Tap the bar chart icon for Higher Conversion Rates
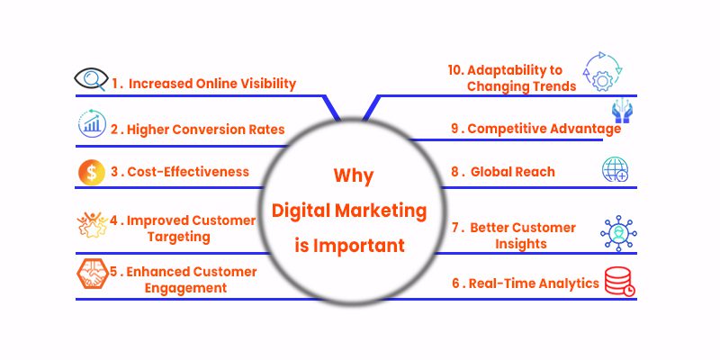(91, 124)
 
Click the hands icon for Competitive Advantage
(619, 112)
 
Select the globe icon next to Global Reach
(616, 169)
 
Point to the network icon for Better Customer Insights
(617, 232)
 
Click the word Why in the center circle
(354, 175)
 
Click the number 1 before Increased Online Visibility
(116, 84)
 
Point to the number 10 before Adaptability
(455, 70)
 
